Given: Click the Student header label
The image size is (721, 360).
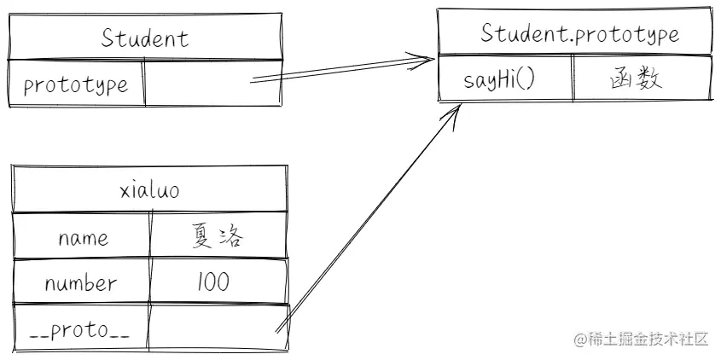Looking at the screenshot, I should point(145,38).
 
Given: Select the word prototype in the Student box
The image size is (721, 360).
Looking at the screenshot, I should point(76,84).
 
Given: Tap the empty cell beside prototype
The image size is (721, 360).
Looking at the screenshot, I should point(212,83).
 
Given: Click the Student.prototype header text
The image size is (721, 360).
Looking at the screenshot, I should point(579,34).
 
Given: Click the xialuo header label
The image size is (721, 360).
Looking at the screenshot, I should point(150,190).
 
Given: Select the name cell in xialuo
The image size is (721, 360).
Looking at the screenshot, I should point(83,237).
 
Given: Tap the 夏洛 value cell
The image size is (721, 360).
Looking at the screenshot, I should point(218,236).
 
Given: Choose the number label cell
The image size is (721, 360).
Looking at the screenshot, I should point(81,283).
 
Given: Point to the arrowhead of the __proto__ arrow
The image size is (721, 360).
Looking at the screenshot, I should point(458,110).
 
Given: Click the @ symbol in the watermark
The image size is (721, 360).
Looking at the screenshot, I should point(579,339).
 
